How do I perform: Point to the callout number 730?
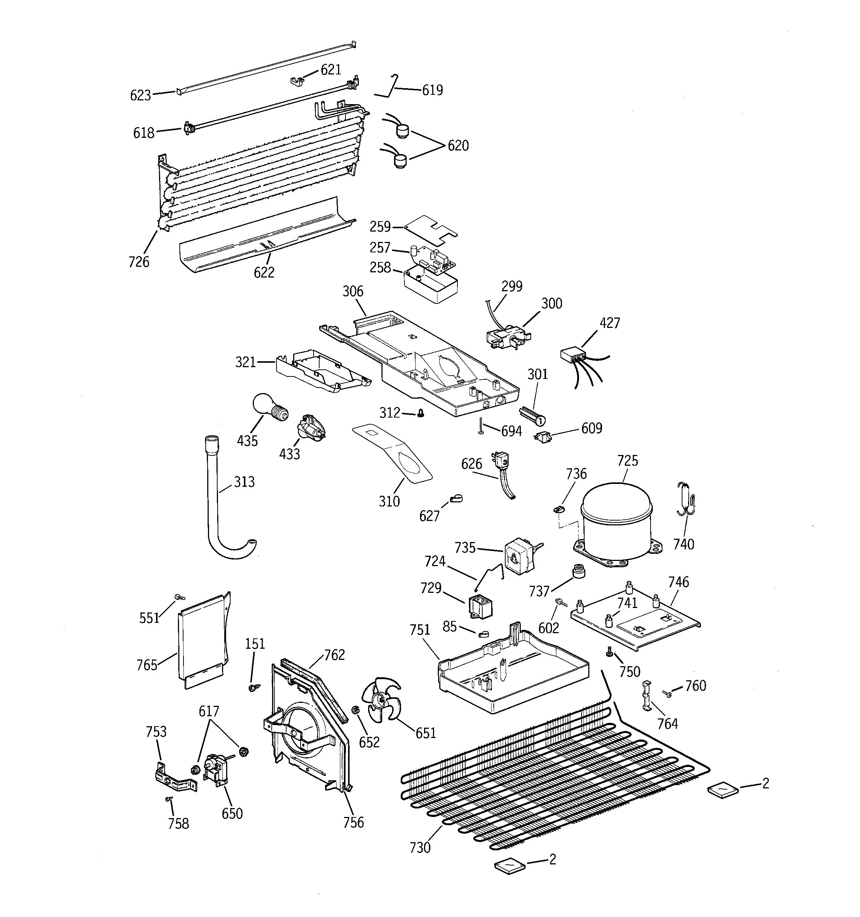[420, 847]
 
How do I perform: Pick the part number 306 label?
[353, 291]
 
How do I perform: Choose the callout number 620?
[458, 146]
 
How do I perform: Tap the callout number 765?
[147, 665]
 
